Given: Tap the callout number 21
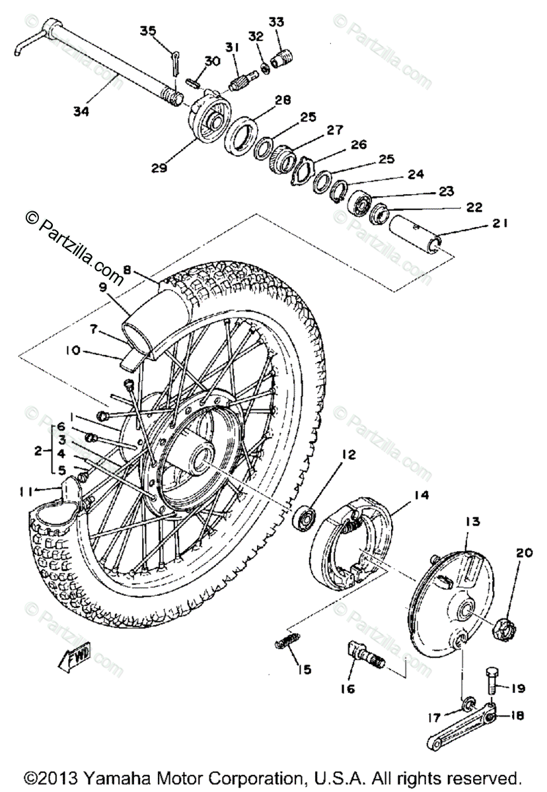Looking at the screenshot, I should pyautogui.click(x=499, y=224).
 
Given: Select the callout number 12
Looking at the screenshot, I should pyautogui.click(x=348, y=454).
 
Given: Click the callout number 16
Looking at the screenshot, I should pyautogui.click(x=348, y=689).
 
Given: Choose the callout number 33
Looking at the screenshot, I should pyautogui.click(x=275, y=22).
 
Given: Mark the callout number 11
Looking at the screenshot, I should pyautogui.click(x=26, y=490).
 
